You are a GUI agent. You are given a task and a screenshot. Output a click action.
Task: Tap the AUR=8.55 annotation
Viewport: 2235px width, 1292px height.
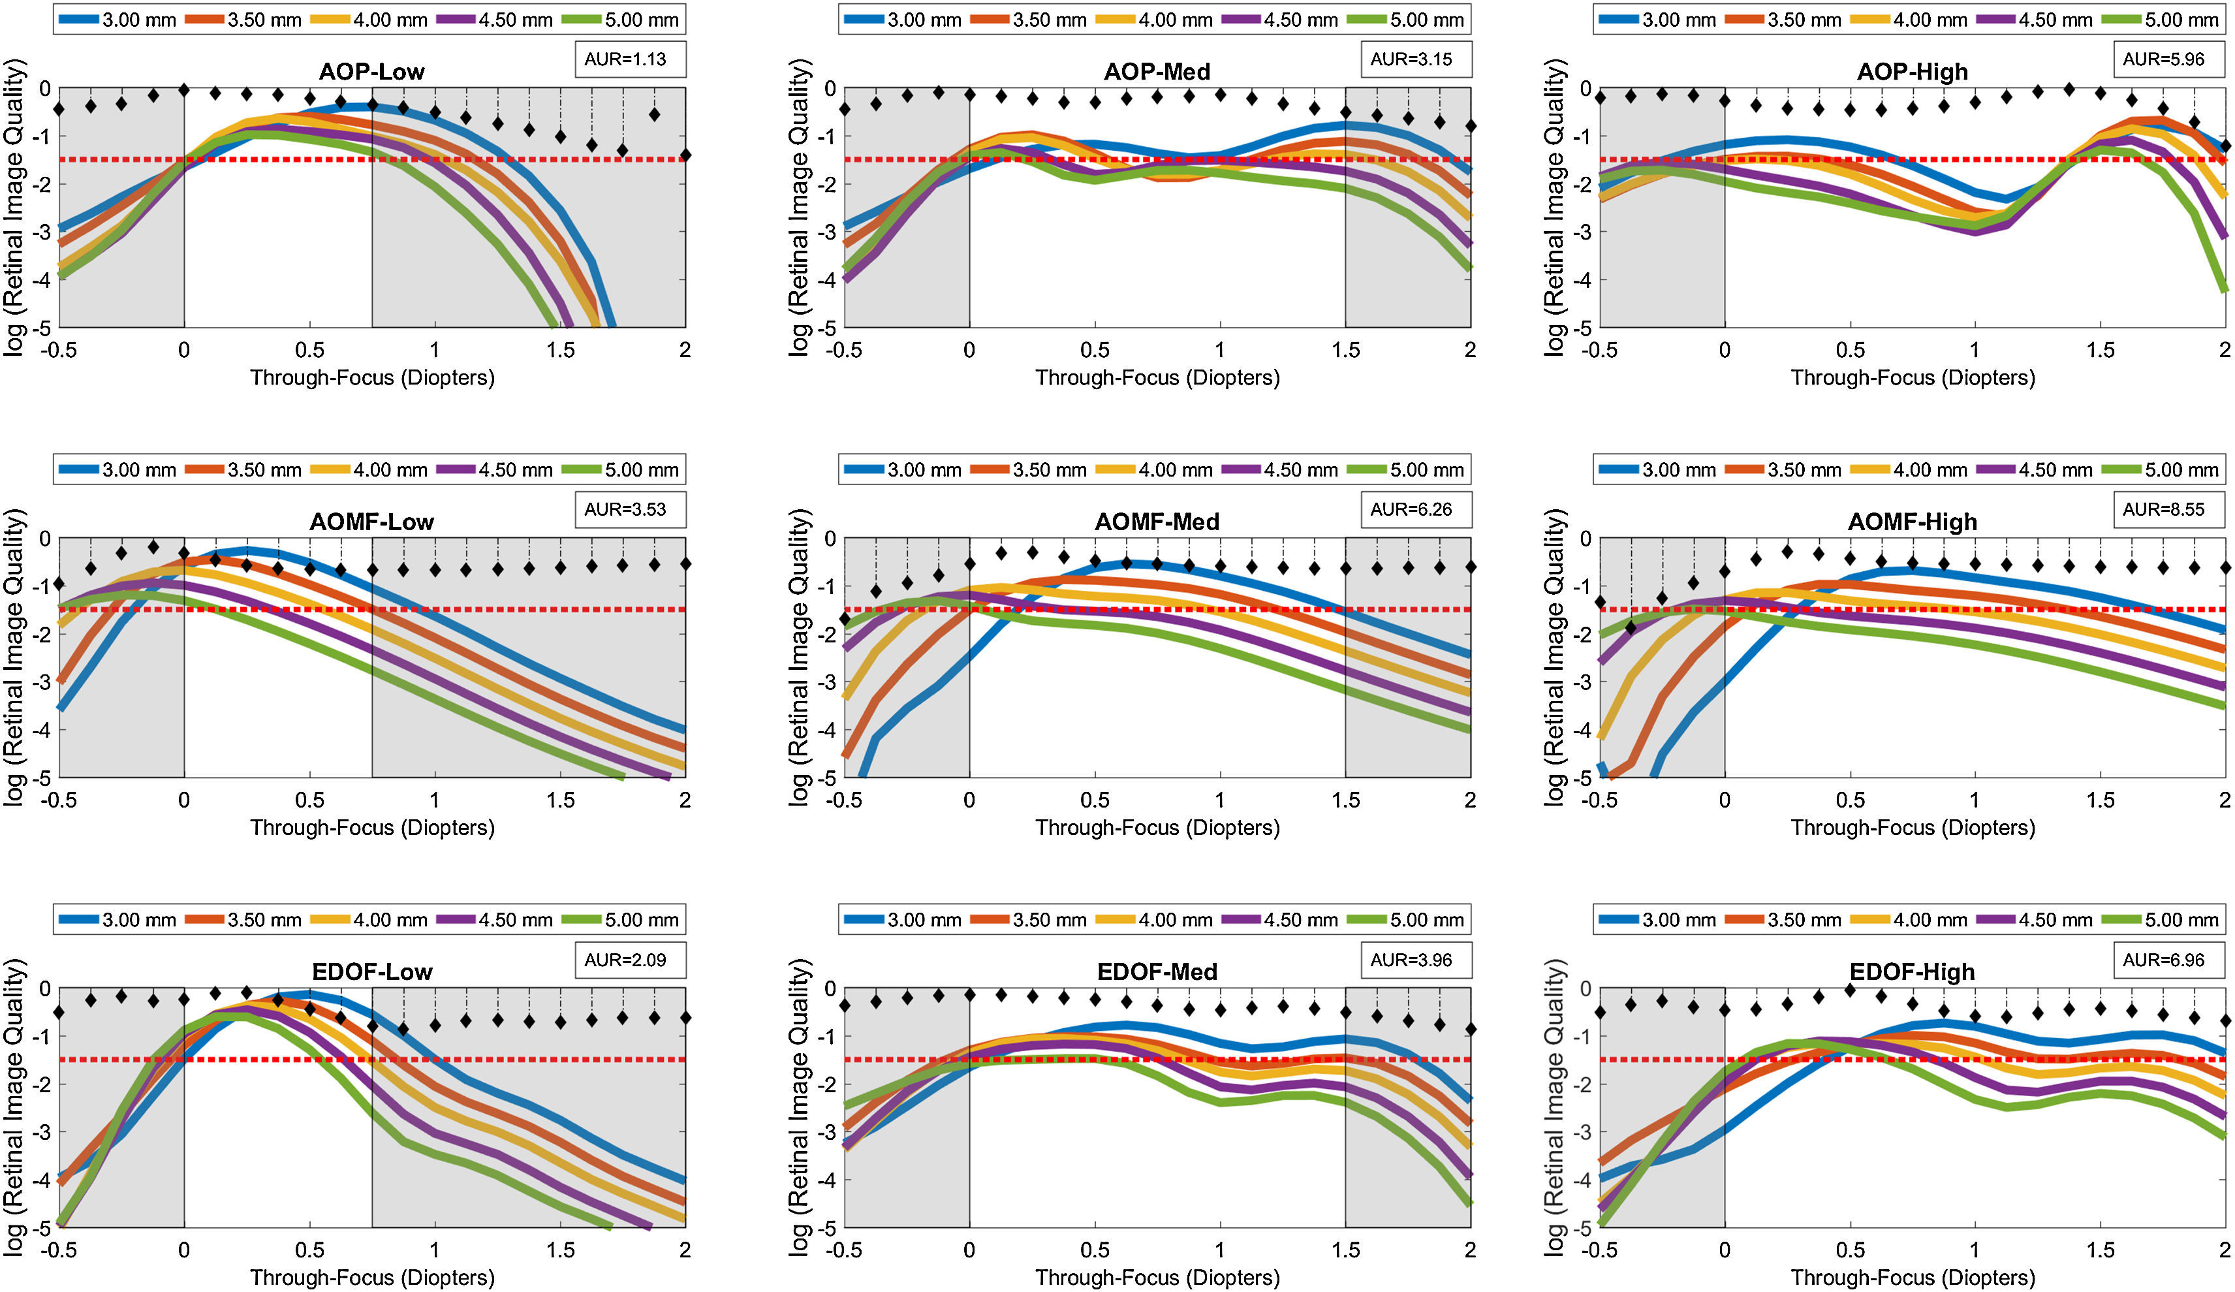tap(2163, 510)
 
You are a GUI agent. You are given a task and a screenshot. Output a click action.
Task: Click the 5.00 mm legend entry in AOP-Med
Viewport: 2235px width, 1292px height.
tap(1409, 20)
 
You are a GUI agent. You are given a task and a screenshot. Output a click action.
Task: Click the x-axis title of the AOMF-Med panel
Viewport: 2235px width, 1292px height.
tap(1157, 827)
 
